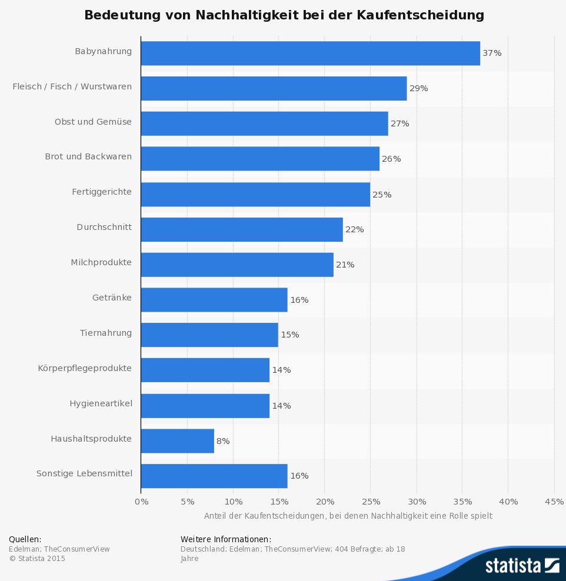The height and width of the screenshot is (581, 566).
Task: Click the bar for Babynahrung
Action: [310, 53]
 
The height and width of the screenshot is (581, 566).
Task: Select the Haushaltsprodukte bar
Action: [177, 441]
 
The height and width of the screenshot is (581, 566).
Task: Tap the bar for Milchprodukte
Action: [237, 265]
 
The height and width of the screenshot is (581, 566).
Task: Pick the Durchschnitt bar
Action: [242, 229]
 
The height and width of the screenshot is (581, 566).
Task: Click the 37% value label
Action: [492, 53]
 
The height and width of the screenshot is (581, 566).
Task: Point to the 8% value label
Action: [223, 441]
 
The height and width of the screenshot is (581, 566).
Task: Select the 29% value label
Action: [418, 88]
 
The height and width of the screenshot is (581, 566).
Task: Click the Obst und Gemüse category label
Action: [93, 122]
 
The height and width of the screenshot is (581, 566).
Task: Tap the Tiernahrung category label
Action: [106, 333]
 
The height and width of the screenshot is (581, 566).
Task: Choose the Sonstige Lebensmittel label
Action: [84, 473]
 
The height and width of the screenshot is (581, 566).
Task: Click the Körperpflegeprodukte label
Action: [85, 369]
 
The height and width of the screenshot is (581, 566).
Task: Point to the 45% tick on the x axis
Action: [554, 502]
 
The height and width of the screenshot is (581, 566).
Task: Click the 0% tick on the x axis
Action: [141, 502]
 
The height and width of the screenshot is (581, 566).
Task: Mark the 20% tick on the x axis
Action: [325, 502]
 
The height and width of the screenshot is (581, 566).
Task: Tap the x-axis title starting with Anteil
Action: [348, 516]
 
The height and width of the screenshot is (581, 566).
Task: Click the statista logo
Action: [522, 566]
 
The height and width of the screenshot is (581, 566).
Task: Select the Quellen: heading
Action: [25, 539]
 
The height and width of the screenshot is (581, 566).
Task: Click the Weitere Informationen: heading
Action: [226, 539]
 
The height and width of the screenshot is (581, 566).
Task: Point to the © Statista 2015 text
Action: [37, 558]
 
